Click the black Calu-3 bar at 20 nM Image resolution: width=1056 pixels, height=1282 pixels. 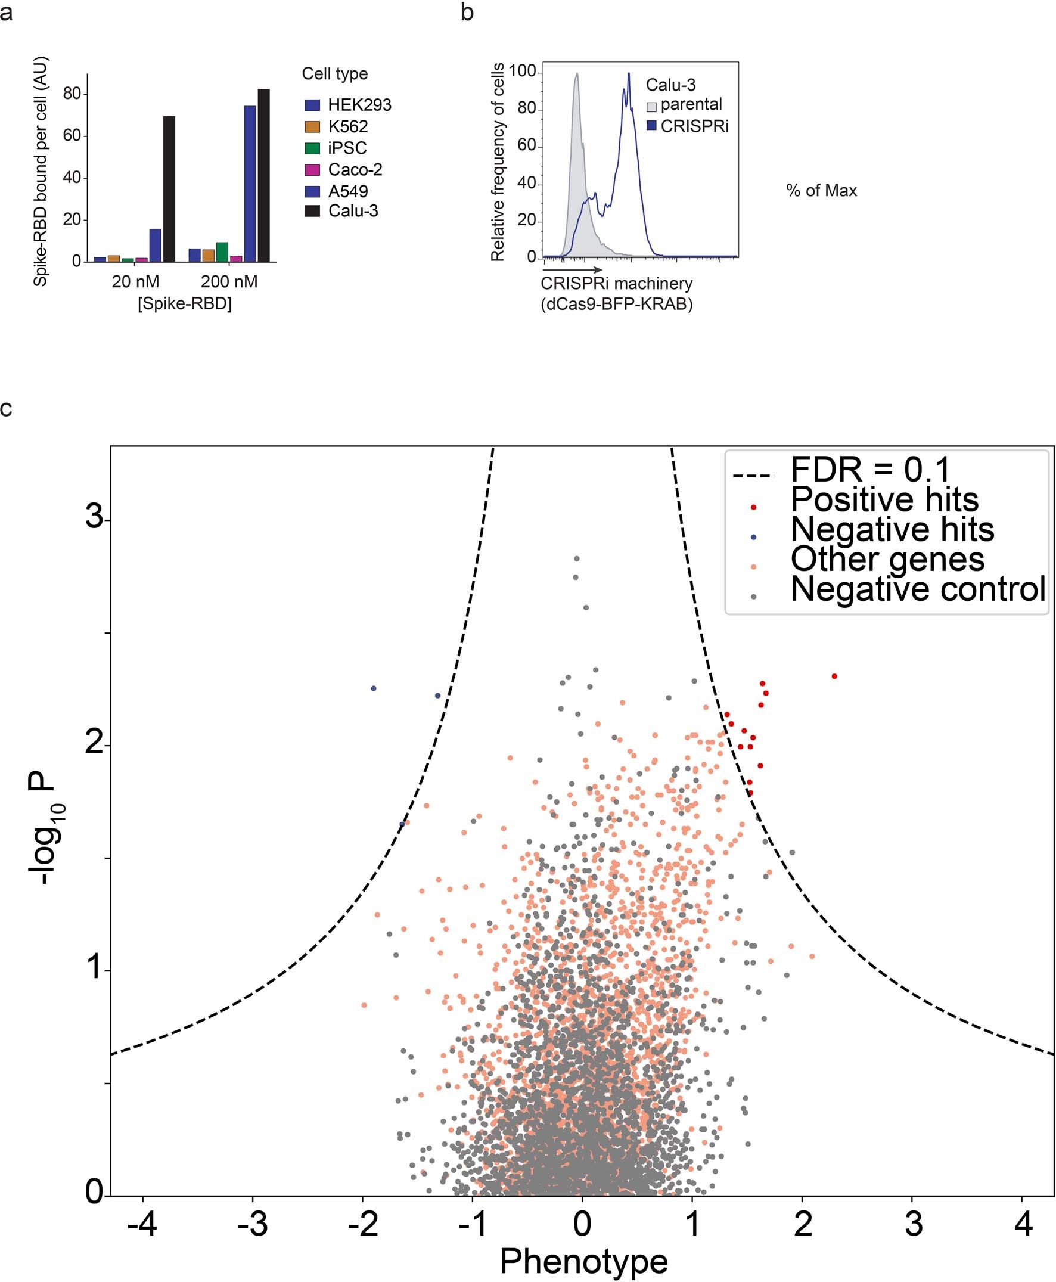tap(169, 188)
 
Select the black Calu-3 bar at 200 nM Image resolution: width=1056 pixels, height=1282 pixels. tap(263, 175)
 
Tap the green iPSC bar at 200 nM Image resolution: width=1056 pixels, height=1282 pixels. tap(222, 252)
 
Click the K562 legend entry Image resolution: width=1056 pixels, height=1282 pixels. tap(347, 126)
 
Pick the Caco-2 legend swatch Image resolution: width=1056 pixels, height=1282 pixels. tap(312, 170)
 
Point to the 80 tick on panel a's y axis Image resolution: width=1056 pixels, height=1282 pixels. tap(72, 94)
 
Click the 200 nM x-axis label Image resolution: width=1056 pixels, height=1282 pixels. tap(229, 282)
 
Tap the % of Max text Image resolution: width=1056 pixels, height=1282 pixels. tap(821, 191)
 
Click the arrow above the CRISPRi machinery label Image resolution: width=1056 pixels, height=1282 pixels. tap(571, 269)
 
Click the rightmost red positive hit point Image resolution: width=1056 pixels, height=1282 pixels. tap(834, 676)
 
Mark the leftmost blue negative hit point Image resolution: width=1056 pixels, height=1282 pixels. tap(374, 689)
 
